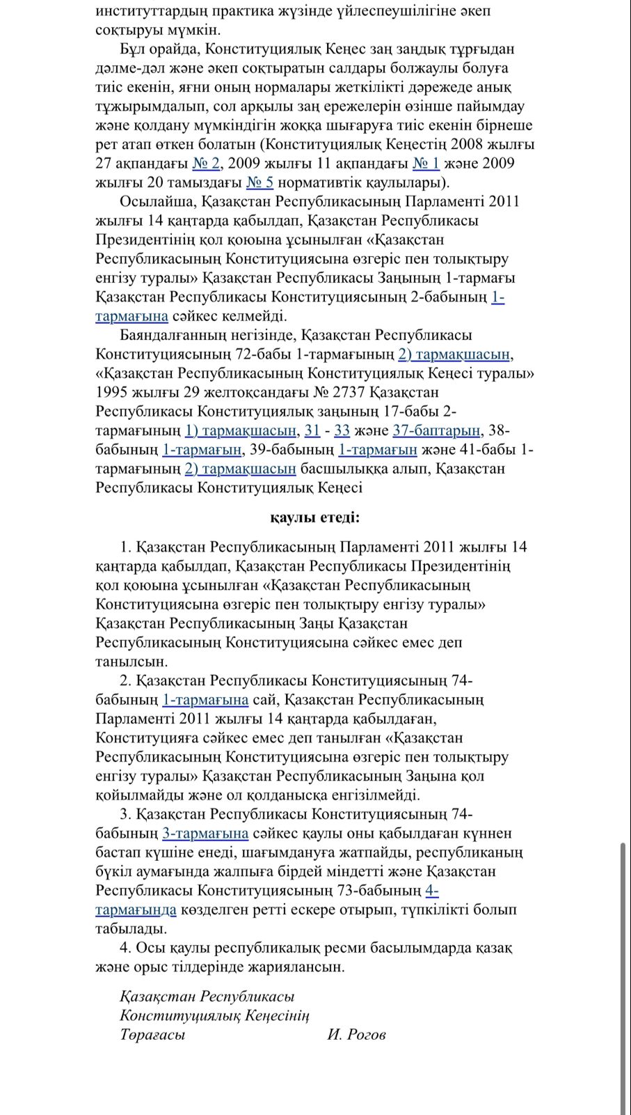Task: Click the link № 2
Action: (x=206, y=164)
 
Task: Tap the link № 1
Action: (x=426, y=164)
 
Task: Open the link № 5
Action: (x=259, y=182)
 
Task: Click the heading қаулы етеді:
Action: (x=315, y=517)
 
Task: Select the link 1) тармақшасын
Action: (x=241, y=430)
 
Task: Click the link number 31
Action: (x=312, y=430)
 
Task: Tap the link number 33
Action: (x=342, y=430)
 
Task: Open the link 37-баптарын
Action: (x=436, y=430)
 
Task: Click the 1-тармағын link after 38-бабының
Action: (x=202, y=449)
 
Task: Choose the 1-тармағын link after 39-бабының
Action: (x=377, y=449)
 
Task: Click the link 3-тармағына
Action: (x=205, y=833)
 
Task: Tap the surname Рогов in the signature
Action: (x=366, y=1034)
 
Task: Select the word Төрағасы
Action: (x=152, y=1034)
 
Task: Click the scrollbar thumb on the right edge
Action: (x=623, y=975)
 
